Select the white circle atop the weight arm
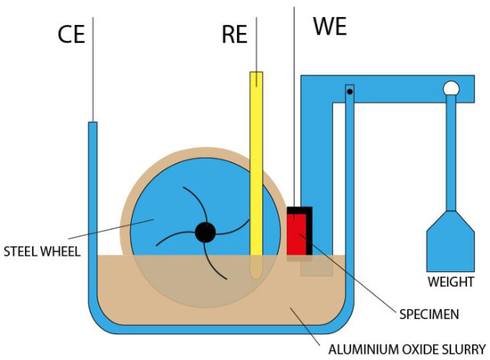click(x=451, y=88)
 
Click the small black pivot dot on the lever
click(x=350, y=91)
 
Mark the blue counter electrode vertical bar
click(x=93, y=205)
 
